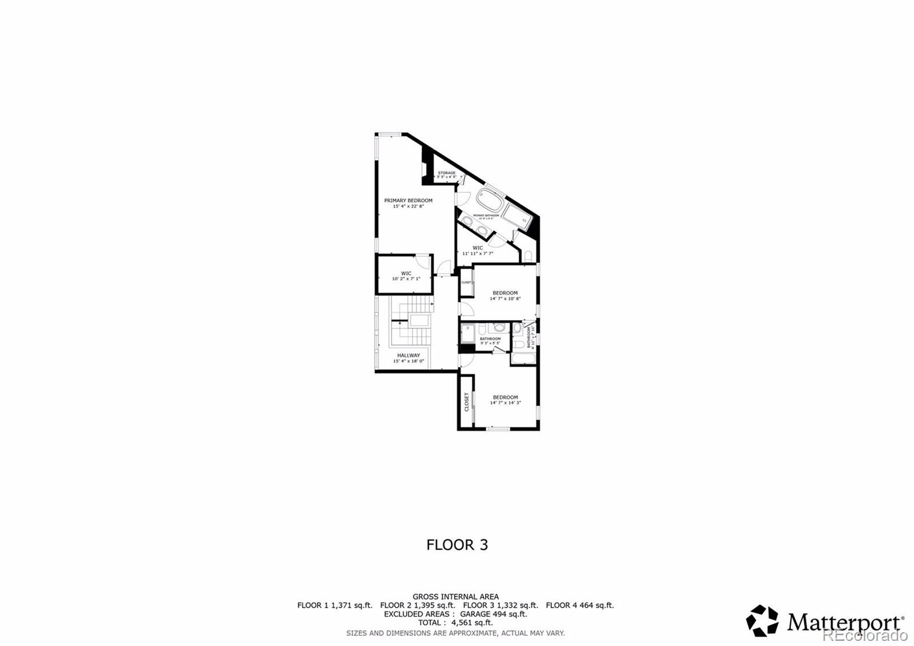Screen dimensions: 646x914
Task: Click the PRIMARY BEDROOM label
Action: click(408, 201)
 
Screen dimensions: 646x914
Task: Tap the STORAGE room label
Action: click(447, 173)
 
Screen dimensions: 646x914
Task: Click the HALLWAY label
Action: click(408, 356)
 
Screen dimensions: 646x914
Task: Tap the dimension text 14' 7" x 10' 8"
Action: click(505, 298)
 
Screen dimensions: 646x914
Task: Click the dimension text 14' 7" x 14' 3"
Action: click(505, 402)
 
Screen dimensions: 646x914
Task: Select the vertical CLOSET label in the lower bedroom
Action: click(467, 402)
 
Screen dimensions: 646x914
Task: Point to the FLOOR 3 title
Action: click(457, 545)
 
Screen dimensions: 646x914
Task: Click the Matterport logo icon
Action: click(762, 621)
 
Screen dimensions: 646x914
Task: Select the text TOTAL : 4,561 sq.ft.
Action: click(455, 623)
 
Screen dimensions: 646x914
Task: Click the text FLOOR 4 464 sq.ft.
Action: click(580, 605)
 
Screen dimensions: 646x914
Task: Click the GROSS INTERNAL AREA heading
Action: click(455, 596)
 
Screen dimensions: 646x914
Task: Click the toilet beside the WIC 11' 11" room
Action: click(527, 256)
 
